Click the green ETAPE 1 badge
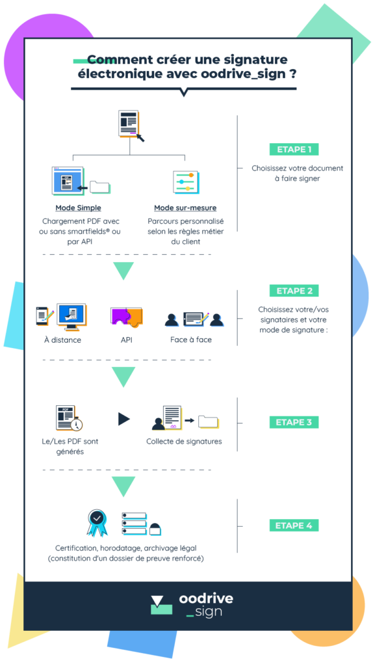(294, 150)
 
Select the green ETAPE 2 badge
(294, 291)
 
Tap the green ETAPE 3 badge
(294, 422)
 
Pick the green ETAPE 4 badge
(294, 526)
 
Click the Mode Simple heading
(78, 208)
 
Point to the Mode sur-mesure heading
(185, 208)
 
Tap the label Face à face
(191, 340)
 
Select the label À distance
(62, 340)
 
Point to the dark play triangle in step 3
(123, 420)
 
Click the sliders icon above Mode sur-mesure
(185, 182)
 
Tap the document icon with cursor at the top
(131, 126)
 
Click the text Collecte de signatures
(184, 442)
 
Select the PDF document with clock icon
(69, 418)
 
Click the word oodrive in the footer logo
(206, 598)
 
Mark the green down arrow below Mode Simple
(123, 271)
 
